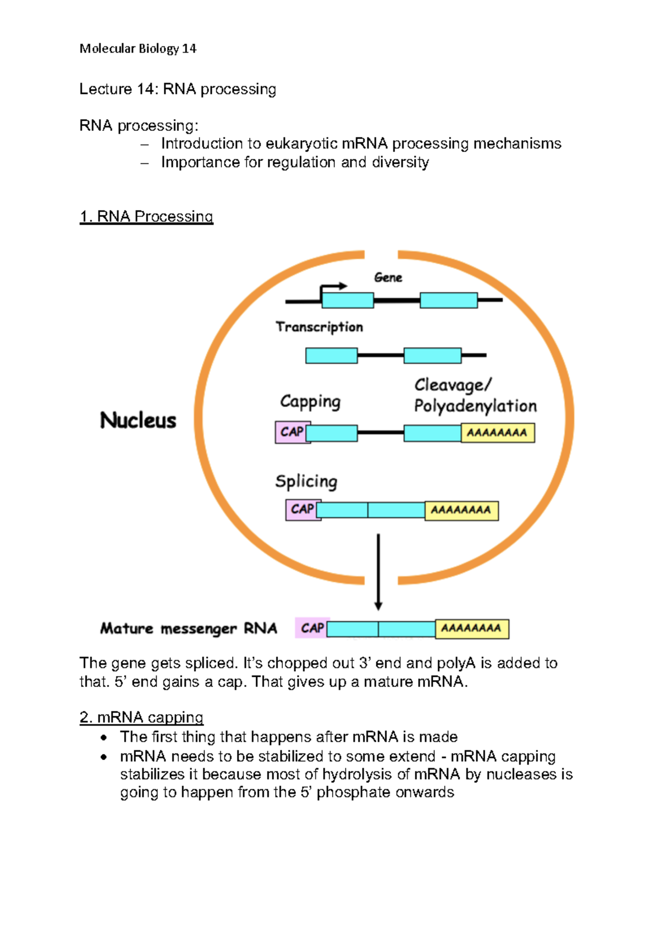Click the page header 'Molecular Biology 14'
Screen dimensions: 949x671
click(x=138, y=49)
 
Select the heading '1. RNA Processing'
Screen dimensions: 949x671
click(x=146, y=216)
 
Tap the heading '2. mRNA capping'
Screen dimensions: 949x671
click(x=141, y=717)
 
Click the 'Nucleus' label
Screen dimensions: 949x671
click(x=138, y=420)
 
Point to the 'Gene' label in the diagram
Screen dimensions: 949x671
click(x=388, y=277)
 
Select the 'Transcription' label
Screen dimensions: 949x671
click(x=319, y=327)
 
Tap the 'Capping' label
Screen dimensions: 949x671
click(x=310, y=401)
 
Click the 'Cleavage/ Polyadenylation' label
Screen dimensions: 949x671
click(x=475, y=395)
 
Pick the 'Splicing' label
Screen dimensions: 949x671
click(x=306, y=481)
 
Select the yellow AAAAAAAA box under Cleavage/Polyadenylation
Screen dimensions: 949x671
click(x=497, y=433)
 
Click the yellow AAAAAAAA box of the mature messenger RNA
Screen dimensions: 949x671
click(x=471, y=628)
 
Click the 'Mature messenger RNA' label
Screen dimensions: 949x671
click(x=188, y=629)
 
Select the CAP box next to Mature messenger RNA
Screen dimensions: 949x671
click(x=311, y=628)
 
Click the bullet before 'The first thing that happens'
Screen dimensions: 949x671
click(x=103, y=738)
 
